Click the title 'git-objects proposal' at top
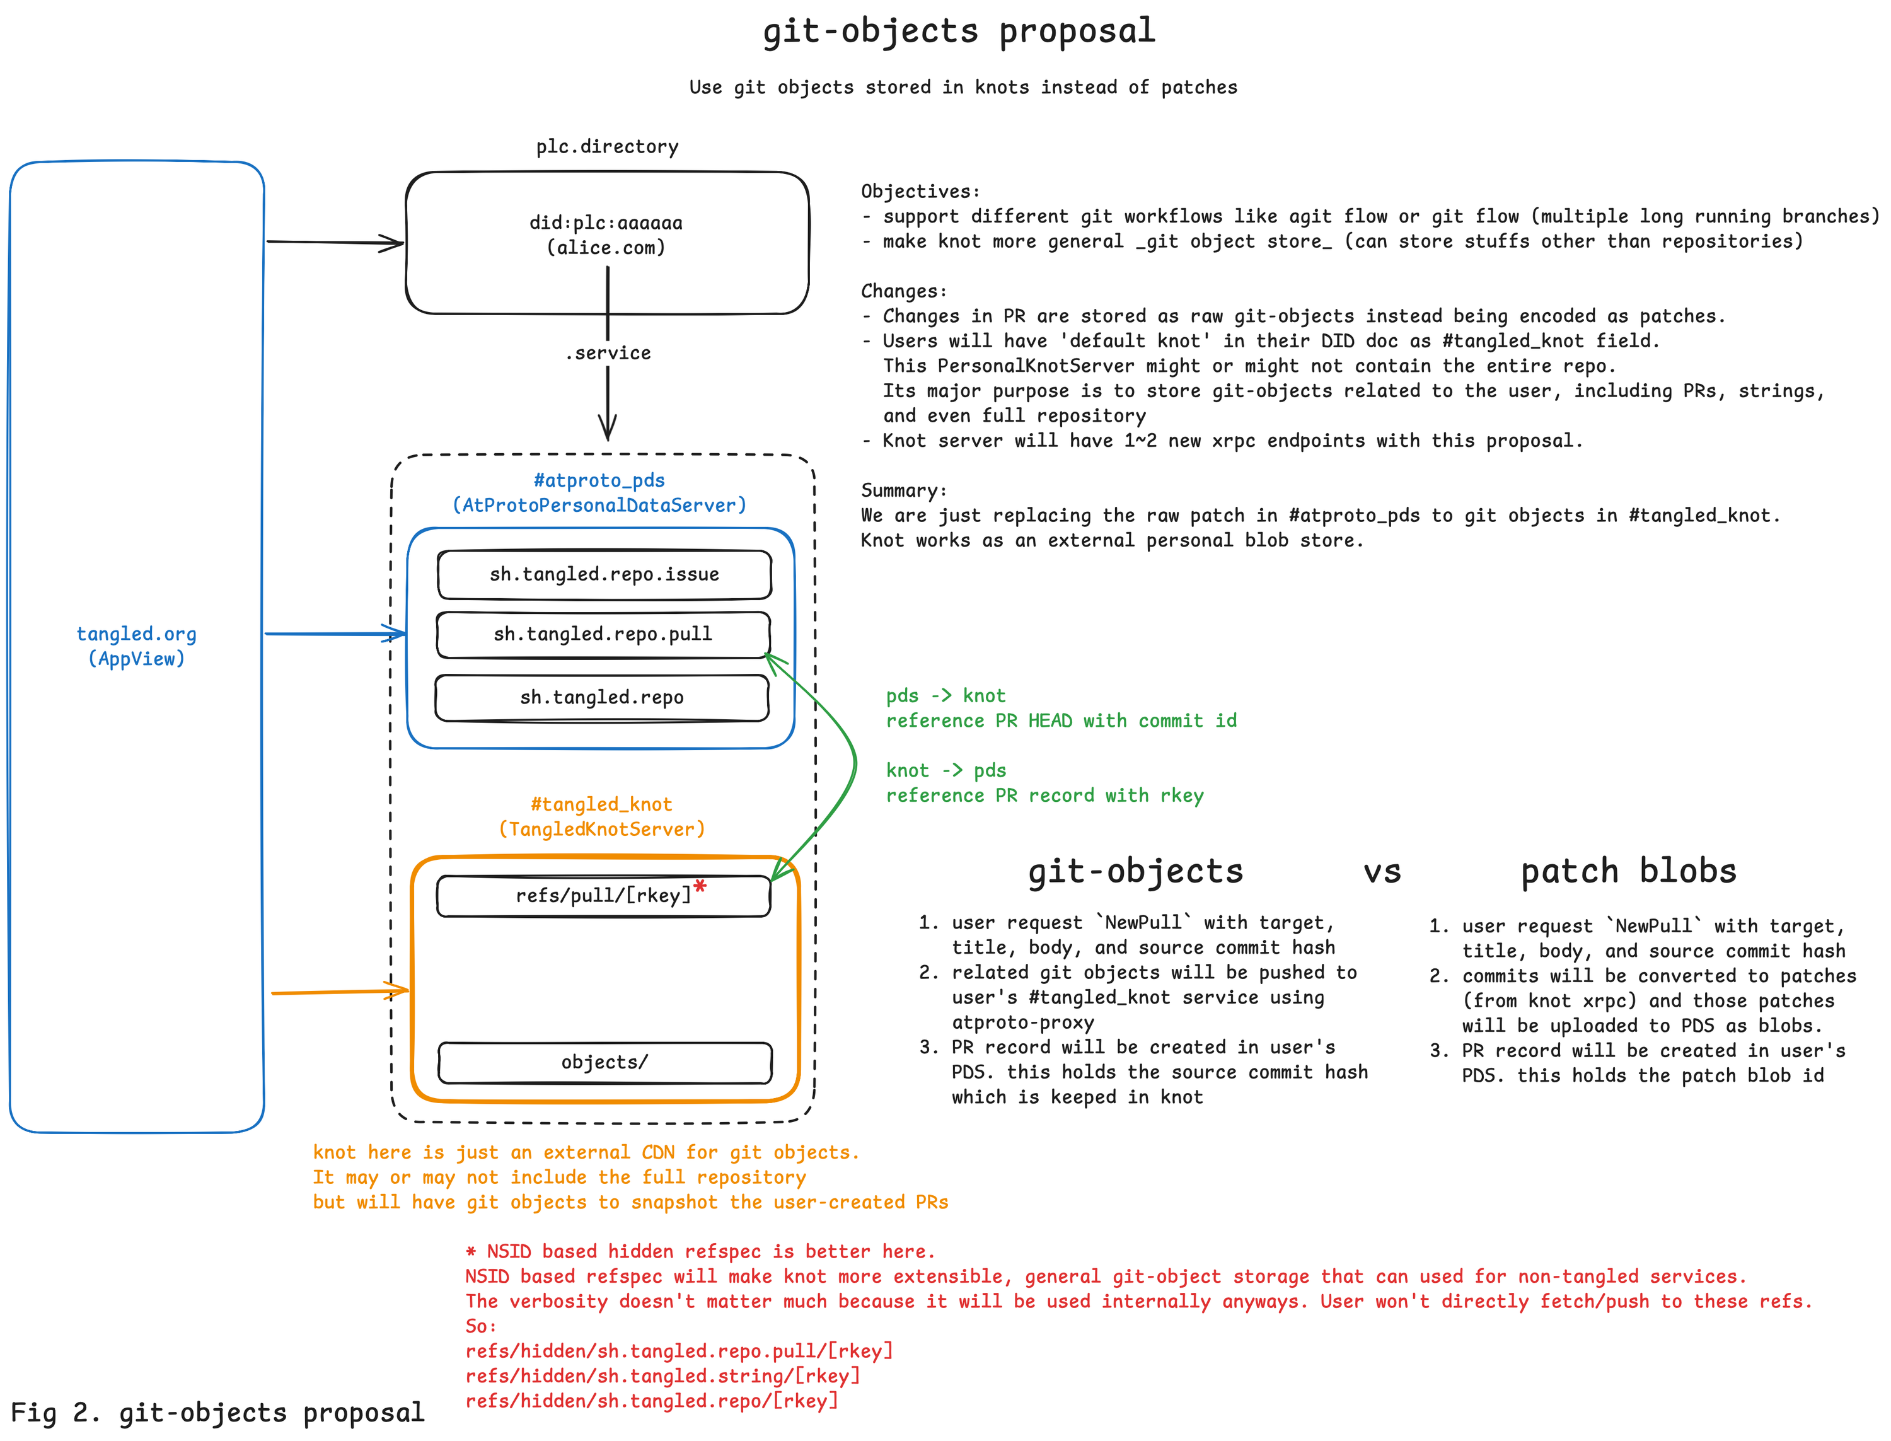click(959, 32)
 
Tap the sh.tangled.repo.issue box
click(604, 574)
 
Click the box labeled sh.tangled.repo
click(601, 697)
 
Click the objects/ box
click(604, 1062)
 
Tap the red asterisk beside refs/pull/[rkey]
click(700, 887)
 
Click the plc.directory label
click(606, 147)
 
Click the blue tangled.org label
click(136, 634)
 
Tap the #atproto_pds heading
click(599, 480)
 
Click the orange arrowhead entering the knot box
click(400, 991)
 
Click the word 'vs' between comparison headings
click(1382, 871)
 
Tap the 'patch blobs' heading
click(1627, 871)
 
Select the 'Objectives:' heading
click(920, 191)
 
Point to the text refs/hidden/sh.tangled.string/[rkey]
click(662, 1376)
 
